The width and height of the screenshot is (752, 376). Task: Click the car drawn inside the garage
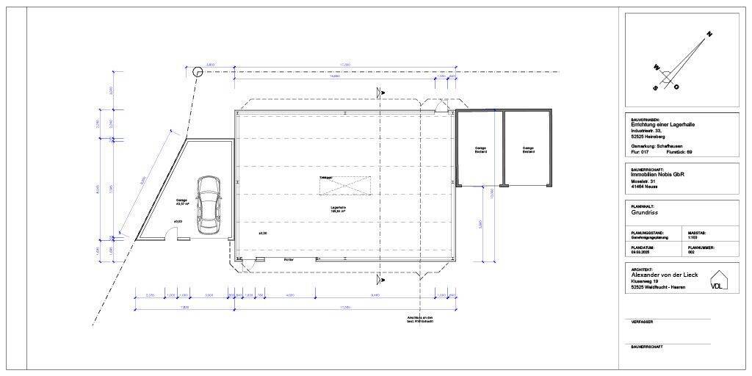tap(209, 205)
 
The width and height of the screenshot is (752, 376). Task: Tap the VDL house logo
tap(717, 282)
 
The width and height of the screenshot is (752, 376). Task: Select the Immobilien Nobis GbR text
tap(658, 175)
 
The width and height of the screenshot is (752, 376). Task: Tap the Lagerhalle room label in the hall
tap(337, 209)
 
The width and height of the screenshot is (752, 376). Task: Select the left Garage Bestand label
tap(480, 150)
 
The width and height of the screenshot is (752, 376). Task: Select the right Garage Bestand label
tap(528, 150)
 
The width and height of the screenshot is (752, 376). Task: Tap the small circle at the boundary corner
tap(197, 72)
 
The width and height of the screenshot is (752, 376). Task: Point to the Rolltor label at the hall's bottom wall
tap(289, 259)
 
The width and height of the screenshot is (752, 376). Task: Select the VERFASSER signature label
tap(642, 322)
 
